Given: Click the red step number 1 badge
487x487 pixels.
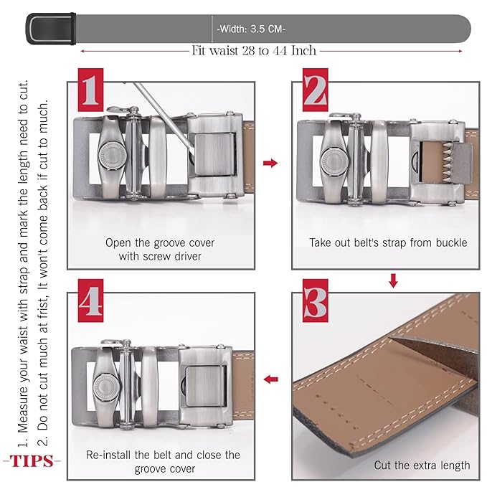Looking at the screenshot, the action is [90, 90].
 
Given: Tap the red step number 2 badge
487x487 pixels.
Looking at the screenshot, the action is [316, 90].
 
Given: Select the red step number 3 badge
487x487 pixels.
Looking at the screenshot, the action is [316, 301].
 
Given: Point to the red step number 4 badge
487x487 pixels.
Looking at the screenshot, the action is [90, 301].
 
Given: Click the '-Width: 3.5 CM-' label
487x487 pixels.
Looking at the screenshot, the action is [251, 29].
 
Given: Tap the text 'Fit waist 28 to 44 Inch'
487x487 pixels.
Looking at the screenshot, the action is [254, 51].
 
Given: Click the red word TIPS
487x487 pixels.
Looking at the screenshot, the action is [32, 461].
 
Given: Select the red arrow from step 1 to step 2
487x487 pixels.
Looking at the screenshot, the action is [270, 163].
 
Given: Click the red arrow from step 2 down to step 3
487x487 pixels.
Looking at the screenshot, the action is [393, 280].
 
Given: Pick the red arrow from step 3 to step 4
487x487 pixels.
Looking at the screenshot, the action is [270, 379].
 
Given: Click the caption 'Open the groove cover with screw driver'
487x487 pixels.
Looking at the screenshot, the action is [160, 250].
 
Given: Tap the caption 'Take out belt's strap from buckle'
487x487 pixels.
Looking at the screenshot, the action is [388, 242].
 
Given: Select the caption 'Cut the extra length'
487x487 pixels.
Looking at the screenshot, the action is [422, 465].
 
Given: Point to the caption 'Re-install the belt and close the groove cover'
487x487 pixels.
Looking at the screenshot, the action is [163, 462].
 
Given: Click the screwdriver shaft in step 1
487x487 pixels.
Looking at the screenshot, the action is [164, 118].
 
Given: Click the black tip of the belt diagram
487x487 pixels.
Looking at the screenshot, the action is [51, 29].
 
